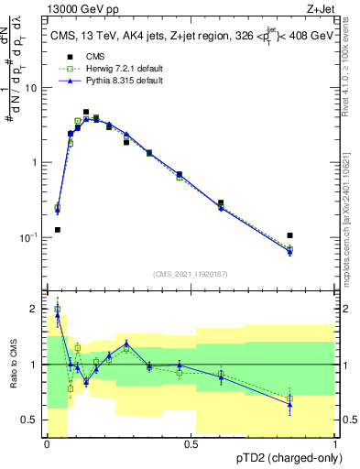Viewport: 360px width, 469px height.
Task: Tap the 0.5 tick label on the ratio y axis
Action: [x=31, y=420]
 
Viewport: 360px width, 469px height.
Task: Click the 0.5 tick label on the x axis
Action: [x=191, y=444]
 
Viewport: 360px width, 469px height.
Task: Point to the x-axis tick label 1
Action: [x=335, y=444]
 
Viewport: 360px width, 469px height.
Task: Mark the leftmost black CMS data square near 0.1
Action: [x=58, y=230]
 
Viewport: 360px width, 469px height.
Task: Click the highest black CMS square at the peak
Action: [x=86, y=112]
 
